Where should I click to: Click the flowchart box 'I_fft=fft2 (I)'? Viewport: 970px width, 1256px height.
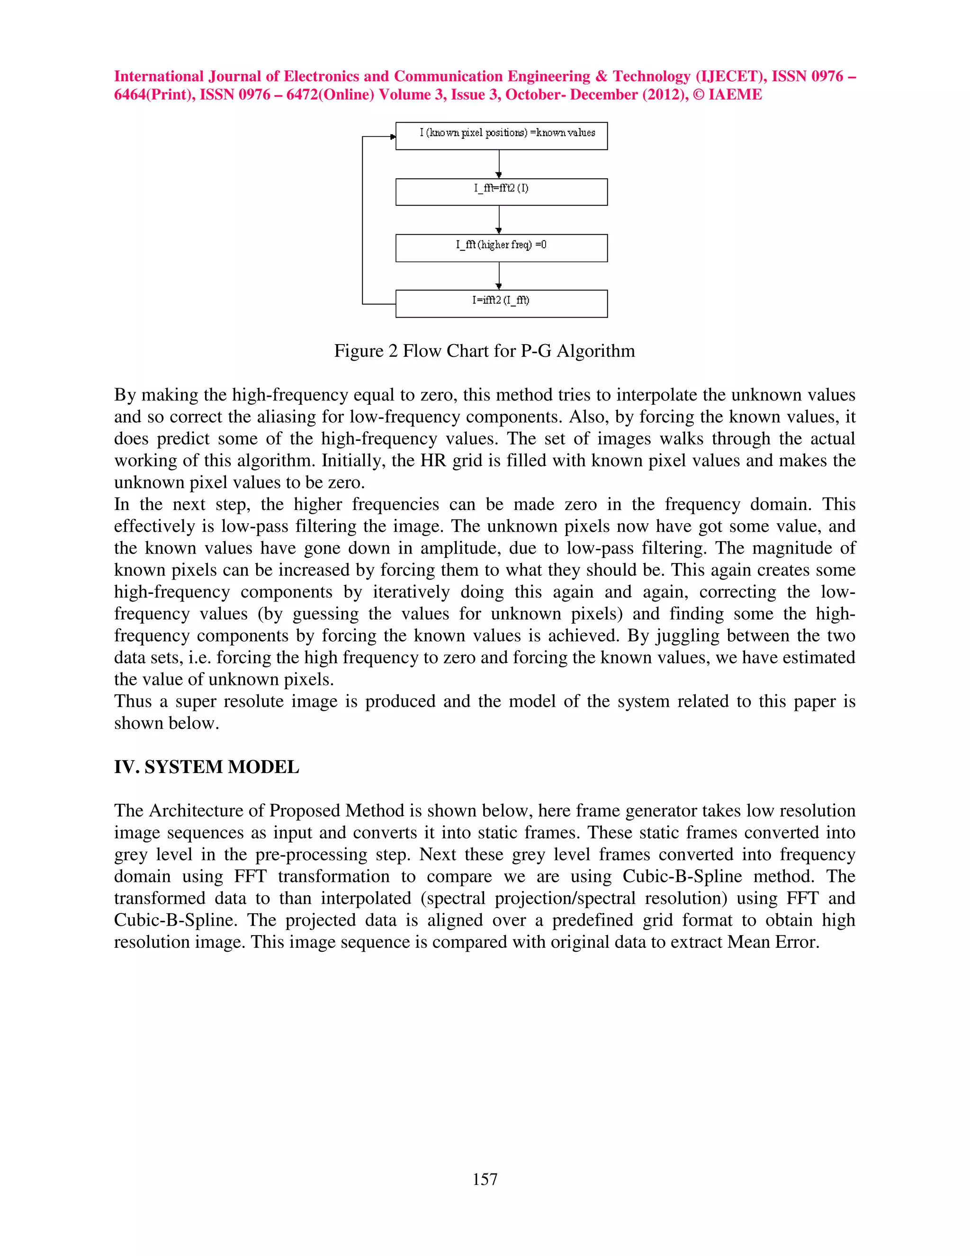(501, 192)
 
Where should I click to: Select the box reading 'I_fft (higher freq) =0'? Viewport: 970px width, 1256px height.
(501, 248)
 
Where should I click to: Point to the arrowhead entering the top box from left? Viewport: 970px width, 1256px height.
(393, 137)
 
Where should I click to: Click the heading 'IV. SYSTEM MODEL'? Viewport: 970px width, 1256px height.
(207, 767)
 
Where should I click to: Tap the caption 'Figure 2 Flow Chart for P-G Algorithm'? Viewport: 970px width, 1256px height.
(485, 351)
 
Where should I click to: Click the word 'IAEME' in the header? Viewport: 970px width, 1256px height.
(735, 95)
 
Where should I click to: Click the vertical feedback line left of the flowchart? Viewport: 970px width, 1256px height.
(363, 220)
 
